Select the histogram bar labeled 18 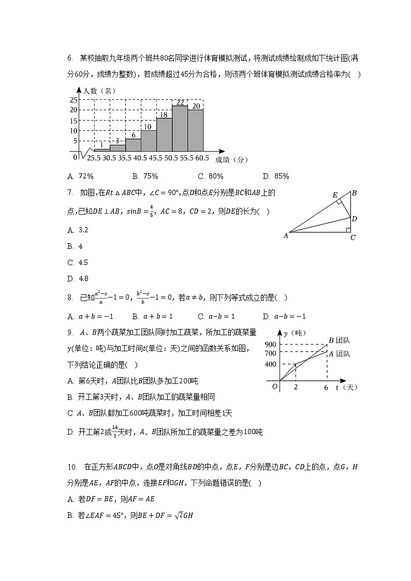click(164, 134)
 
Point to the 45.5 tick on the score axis click(156, 158)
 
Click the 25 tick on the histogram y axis click(74, 100)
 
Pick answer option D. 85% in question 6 click(276, 176)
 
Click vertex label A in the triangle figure click(285, 235)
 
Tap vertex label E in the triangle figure click(335, 195)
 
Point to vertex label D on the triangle click(355, 219)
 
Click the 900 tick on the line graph click(270, 345)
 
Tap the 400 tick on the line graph click(270, 364)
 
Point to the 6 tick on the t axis click(326, 388)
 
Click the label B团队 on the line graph click(340, 340)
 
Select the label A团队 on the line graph click(340, 354)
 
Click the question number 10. click(72, 467)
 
